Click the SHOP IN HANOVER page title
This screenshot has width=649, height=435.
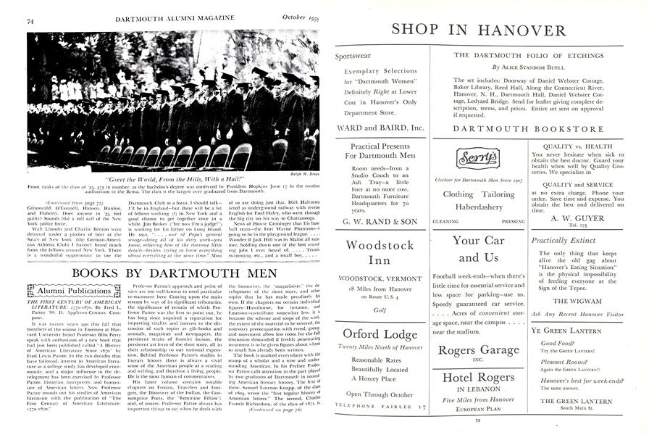478,30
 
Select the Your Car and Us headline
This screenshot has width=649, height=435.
478,247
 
